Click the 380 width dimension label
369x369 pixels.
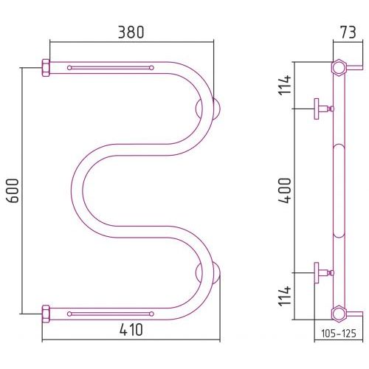131,32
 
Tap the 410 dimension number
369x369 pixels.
131,330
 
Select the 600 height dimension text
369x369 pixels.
13,190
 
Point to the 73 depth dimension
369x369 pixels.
348,32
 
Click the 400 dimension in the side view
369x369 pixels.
285,190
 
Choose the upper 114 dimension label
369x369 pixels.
285,85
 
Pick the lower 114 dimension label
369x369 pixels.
285,296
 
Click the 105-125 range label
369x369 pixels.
339,334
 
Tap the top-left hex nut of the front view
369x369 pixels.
46,68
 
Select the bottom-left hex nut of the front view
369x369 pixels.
46,314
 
